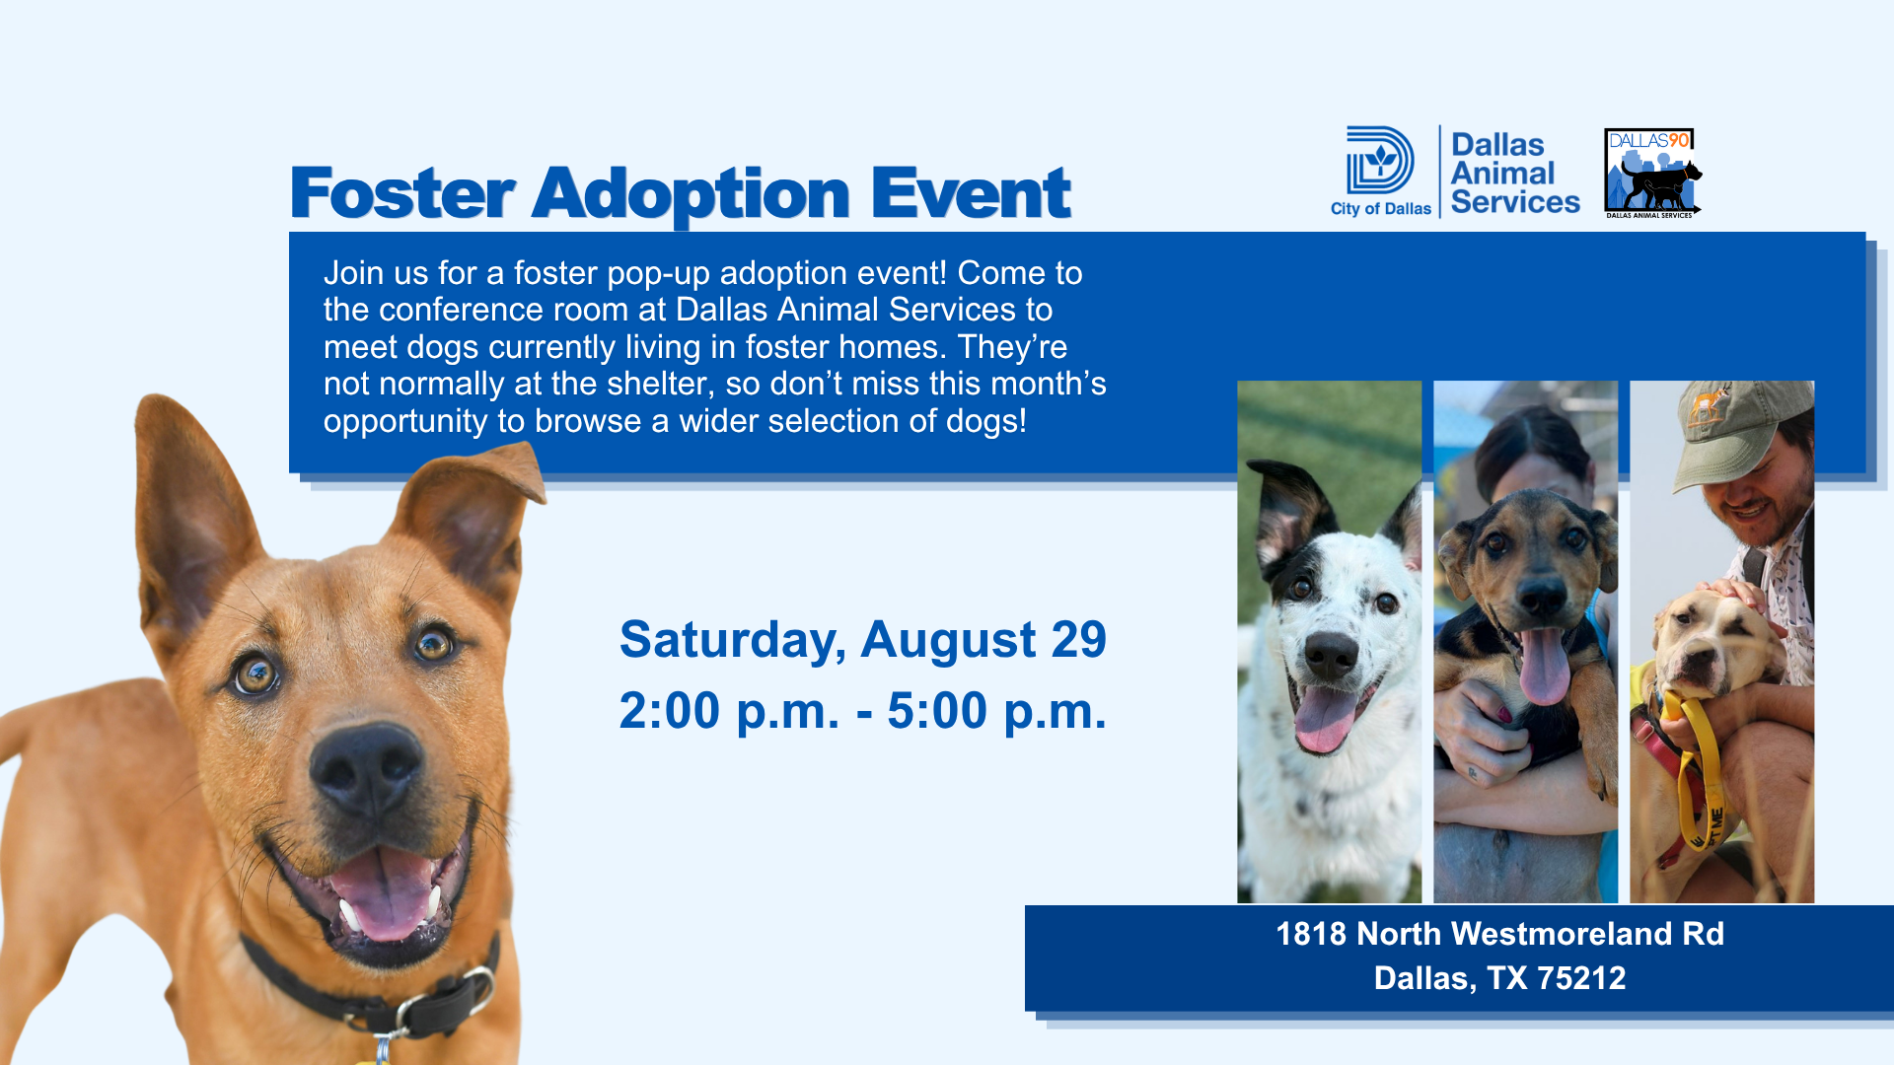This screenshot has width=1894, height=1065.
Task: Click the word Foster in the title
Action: pyautogui.click(x=402, y=193)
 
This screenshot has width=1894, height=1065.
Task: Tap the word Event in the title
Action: pyautogui.click(x=971, y=193)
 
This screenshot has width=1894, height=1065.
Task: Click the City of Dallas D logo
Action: pyautogui.click(x=1380, y=160)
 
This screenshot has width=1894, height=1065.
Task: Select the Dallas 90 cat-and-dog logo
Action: pyautogui.click(x=1652, y=173)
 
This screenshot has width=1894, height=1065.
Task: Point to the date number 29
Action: pyautogui.click(x=1079, y=640)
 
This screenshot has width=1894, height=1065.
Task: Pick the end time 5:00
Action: pyautogui.click(x=937, y=711)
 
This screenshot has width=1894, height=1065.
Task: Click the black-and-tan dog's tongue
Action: pyautogui.click(x=1544, y=666)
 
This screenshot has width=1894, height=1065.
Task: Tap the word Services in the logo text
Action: pyautogui.click(x=1515, y=202)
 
